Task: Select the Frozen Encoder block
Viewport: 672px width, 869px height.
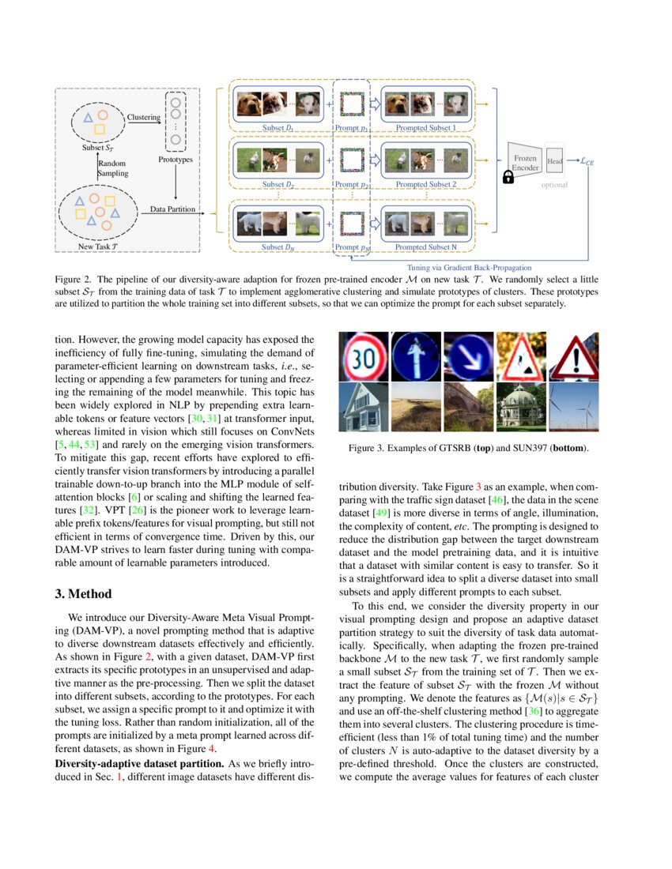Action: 526,163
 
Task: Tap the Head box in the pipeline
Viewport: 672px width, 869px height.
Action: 554,161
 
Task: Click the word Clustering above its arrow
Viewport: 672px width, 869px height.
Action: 143,117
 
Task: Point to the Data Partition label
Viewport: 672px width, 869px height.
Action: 172,209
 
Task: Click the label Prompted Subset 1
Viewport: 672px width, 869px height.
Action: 426,128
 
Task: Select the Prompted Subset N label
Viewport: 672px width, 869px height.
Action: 426,247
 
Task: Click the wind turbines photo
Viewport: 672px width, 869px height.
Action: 574,408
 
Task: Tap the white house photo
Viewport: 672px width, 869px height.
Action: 363,408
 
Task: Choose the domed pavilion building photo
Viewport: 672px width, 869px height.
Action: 521,408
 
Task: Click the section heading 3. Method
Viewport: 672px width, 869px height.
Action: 89,594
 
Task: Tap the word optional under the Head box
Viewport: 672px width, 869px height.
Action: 554,185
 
